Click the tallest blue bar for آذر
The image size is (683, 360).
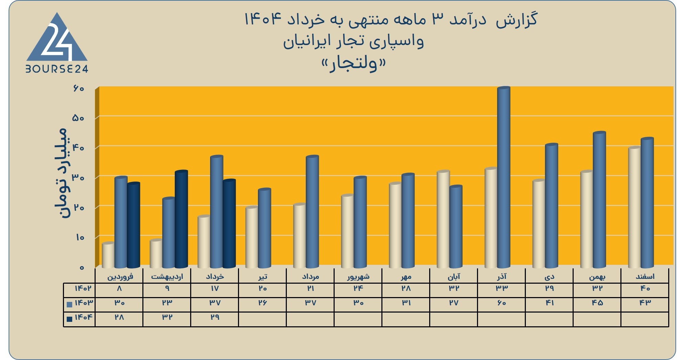click(x=504, y=177)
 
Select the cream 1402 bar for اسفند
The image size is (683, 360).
click(x=635, y=207)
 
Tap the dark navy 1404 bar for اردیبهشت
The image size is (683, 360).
click(x=181, y=219)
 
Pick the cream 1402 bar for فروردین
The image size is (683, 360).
click(x=108, y=255)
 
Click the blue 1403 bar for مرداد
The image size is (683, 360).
click(x=312, y=212)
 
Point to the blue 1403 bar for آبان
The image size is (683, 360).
click(x=456, y=227)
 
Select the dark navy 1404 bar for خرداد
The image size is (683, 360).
click(x=229, y=223)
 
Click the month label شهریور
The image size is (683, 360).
click(x=358, y=276)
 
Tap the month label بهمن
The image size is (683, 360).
click(x=597, y=276)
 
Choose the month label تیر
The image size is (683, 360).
click(x=263, y=276)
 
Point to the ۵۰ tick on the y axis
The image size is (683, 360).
click(x=78, y=118)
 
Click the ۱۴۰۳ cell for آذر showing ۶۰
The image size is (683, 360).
click(x=501, y=303)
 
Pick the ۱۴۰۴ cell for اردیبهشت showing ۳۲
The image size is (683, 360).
click(x=167, y=317)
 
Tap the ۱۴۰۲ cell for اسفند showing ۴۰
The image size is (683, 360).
click(x=645, y=288)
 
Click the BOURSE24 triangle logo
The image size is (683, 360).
click(x=57, y=43)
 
